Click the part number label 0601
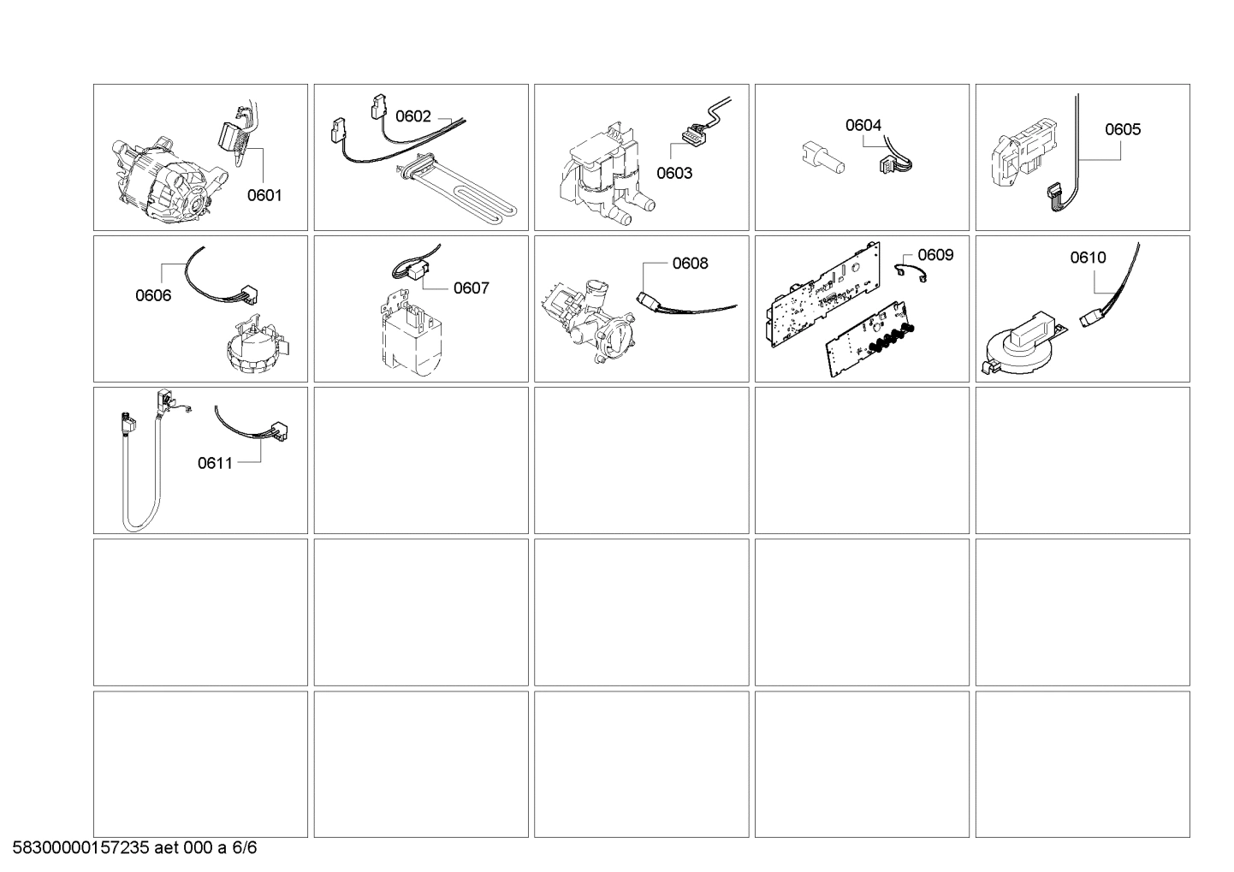[264, 195]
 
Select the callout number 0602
[412, 116]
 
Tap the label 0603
[674, 173]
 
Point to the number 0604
[863, 125]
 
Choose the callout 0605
[1122, 129]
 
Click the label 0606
[153, 295]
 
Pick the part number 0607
[471, 288]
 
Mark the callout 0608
[690, 264]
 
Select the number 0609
[935, 255]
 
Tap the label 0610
[1088, 257]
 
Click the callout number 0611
[215, 463]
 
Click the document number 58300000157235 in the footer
[82, 848]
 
